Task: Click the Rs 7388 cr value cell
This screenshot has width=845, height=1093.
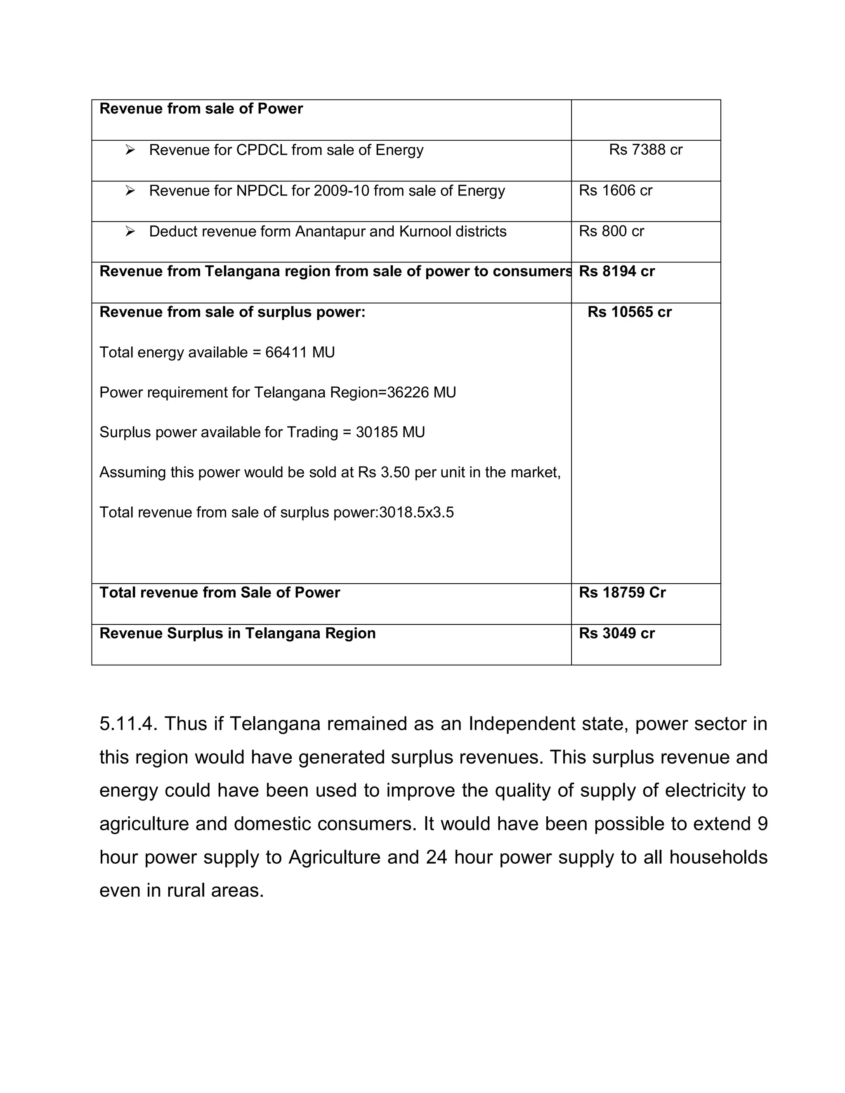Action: (x=645, y=150)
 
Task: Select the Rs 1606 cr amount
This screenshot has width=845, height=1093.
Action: (x=615, y=190)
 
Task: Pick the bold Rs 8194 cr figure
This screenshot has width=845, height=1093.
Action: (x=616, y=271)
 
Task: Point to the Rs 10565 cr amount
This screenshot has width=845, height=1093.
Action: (x=629, y=312)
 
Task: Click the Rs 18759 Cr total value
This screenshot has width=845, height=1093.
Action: (x=622, y=593)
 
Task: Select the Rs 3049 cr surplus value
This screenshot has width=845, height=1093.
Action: (x=616, y=633)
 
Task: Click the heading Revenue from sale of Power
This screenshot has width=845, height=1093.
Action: (x=201, y=108)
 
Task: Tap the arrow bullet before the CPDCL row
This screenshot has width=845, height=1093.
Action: (x=130, y=150)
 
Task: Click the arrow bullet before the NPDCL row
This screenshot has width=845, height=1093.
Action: (x=130, y=190)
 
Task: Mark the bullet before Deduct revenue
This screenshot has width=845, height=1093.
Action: (x=130, y=231)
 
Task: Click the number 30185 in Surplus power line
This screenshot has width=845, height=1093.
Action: (x=376, y=432)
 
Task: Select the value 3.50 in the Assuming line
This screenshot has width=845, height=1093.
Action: (x=395, y=472)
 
